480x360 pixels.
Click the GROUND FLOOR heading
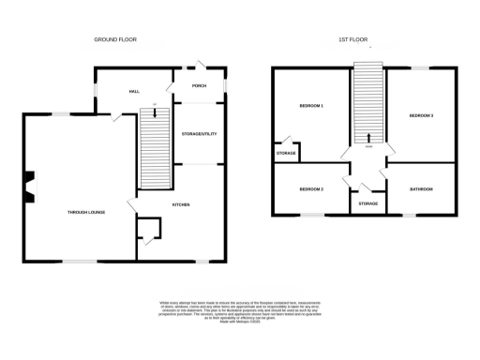[x=114, y=40]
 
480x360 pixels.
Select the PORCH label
[x=198, y=86]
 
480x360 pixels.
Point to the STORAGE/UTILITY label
[x=199, y=135]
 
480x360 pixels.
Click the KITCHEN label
[x=181, y=203]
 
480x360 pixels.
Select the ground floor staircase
[x=152, y=150]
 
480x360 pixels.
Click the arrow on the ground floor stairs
[x=152, y=114]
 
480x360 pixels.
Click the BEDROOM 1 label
[x=311, y=106]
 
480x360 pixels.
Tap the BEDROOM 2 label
[x=311, y=189]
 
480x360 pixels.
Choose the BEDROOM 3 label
[x=420, y=114]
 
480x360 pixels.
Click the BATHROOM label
[x=420, y=189]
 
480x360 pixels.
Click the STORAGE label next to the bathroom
[x=368, y=202]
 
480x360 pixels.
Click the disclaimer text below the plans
[x=239, y=312]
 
